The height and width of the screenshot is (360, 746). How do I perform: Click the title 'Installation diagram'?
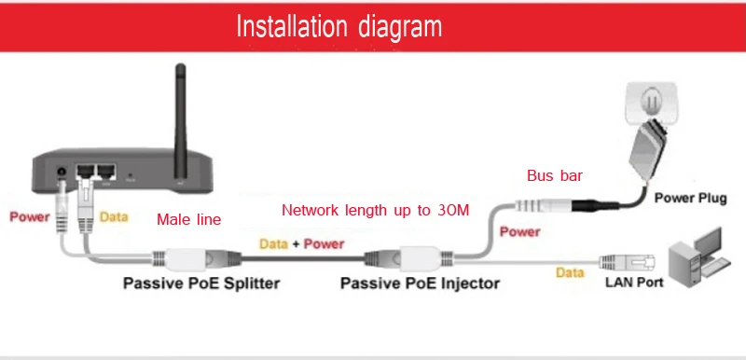tap(338, 26)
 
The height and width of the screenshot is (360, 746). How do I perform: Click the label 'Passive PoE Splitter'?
tap(201, 283)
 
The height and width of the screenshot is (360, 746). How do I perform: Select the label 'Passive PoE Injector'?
tap(421, 284)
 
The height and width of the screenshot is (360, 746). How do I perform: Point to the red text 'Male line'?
tap(189, 219)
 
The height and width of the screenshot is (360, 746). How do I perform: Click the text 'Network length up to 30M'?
tap(376, 210)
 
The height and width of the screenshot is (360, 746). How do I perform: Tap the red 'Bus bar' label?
tap(555, 175)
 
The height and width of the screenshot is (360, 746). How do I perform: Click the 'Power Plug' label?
tap(690, 198)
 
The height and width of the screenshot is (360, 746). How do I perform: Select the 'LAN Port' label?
tap(634, 282)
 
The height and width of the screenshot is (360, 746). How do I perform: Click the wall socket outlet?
tap(651, 103)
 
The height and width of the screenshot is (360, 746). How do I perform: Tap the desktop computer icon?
tap(698, 257)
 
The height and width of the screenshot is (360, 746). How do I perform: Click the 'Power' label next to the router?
tap(30, 217)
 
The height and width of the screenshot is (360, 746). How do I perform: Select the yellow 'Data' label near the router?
tap(114, 217)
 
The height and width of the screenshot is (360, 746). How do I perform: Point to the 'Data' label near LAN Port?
tap(570, 272)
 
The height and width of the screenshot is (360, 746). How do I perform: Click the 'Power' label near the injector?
tap(520, 231)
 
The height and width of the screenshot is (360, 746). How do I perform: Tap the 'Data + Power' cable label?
tap(301, 244)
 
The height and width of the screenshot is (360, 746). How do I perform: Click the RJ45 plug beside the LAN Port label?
tap(627, 261)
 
